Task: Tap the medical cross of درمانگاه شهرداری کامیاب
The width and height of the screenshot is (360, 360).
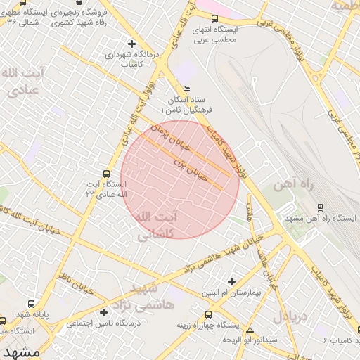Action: [x=131, y=44]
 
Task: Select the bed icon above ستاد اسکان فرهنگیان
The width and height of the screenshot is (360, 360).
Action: [x=186, y=89]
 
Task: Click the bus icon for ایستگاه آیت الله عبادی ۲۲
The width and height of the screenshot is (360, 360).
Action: [x=106, y=173]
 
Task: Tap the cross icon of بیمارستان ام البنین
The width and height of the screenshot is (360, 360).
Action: [x=231, y=281]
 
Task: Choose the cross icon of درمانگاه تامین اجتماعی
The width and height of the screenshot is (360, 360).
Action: [x=103, y=312]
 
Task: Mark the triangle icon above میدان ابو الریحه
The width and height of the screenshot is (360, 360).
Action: [x=249, y=329]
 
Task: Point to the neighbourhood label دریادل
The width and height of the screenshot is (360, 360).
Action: [x=290, y=316]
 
